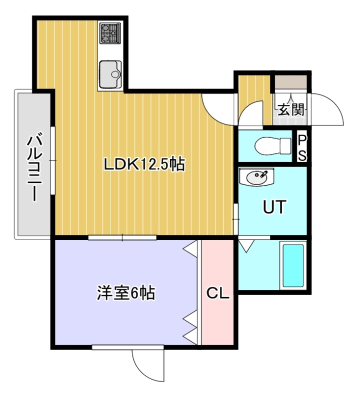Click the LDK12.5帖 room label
point(144,164)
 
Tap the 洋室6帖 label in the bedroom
point(126,293)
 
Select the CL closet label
point(217,293)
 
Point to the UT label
point(274,207)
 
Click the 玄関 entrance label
point(291,110)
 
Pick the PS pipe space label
point(302,147)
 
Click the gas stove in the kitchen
point(110,33)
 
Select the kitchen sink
point(110,74)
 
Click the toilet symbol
point(272,146)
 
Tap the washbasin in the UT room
point(256,176)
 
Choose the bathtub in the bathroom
point(293,265)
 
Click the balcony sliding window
point(53,160)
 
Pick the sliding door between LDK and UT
point(236,219)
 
